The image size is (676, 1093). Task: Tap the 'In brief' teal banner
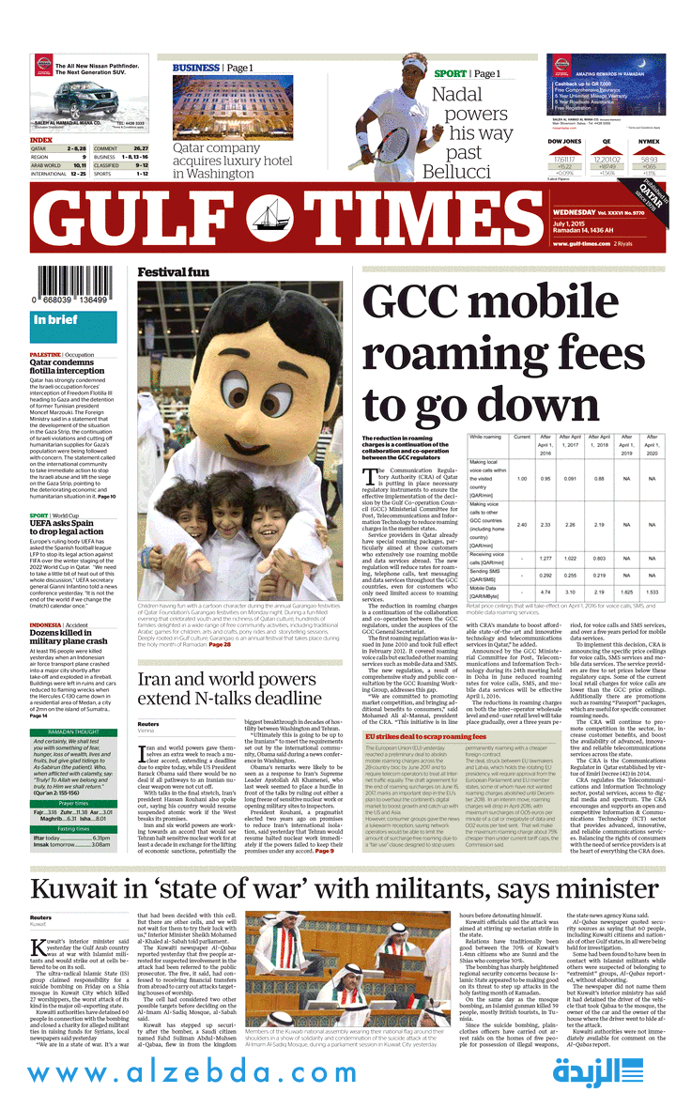[56, 320]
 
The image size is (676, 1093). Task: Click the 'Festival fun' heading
[174, 273]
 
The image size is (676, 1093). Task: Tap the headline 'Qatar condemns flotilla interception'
[68, 365]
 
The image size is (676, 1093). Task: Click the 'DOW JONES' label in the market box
[564, 141]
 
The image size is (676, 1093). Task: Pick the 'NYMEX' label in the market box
[648, 141]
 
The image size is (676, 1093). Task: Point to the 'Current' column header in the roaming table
[522, 437]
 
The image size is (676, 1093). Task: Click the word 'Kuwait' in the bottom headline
[94, 894]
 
